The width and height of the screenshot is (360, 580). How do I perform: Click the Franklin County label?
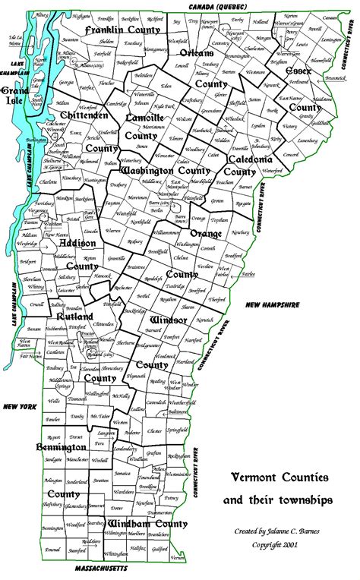pos(120,30)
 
